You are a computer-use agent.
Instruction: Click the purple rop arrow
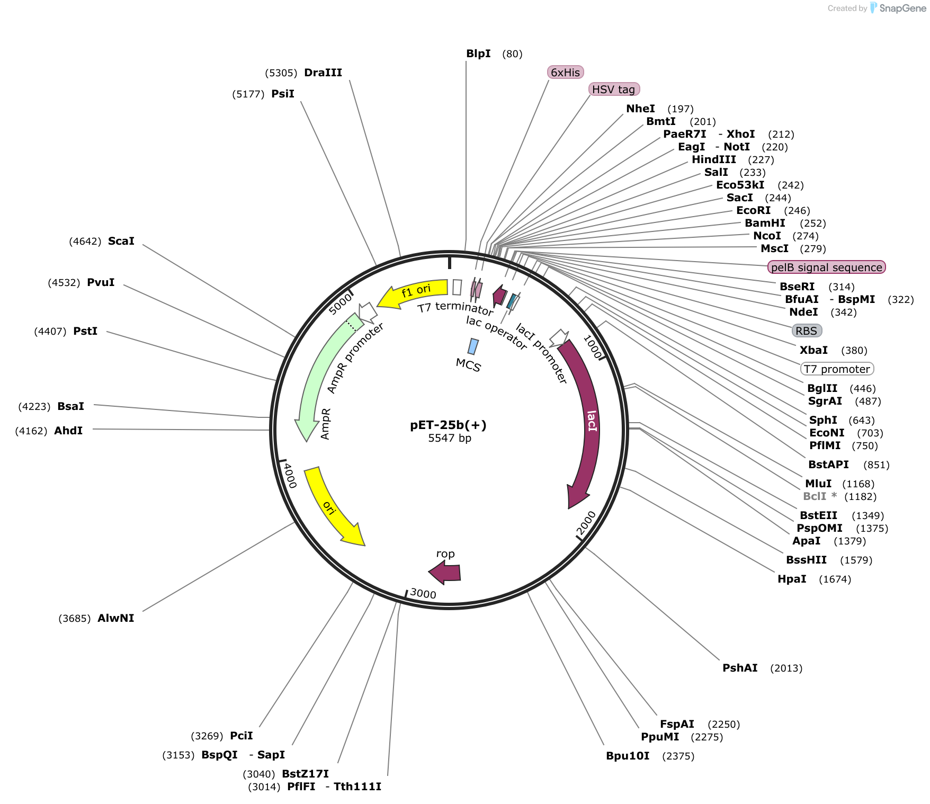pyautogui.click(x=445, y=573)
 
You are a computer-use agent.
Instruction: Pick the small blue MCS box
pyautogui.click(x=473, y=346)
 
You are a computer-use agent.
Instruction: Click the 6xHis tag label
pyautogui.click(x=565, y=73)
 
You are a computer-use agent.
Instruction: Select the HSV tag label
pyautogui.click(x=614, y=90)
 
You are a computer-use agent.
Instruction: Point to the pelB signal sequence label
pyautogui.click(x=826, y=267)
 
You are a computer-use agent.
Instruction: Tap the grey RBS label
pyautogui.click(x=806, y=331)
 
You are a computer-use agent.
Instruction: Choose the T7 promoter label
pyautogui.click(x=837, y=369)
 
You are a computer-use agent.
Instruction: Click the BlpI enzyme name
pyautogui.click(x=478, y=53)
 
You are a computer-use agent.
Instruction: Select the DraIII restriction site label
pyautogui.click(x=323, y=73)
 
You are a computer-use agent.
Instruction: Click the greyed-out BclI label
pyautogui.click(x=815, y=496)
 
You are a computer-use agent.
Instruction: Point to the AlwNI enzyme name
pyautogui.click(x=115, y=618)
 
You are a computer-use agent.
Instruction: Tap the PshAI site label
pyautogui.click(x=740, y=668)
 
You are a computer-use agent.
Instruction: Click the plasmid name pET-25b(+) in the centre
pyautogui.click(x=448, y=425)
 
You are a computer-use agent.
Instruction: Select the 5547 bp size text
pyautogui.click(x=450, y=438)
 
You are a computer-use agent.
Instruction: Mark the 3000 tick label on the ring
pyautogui.click(x=423, y=593)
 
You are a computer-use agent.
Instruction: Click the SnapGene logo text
pyautogui.click(x=902, y=8)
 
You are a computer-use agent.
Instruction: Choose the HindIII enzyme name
pyautogui.click(x=713, y=159)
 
